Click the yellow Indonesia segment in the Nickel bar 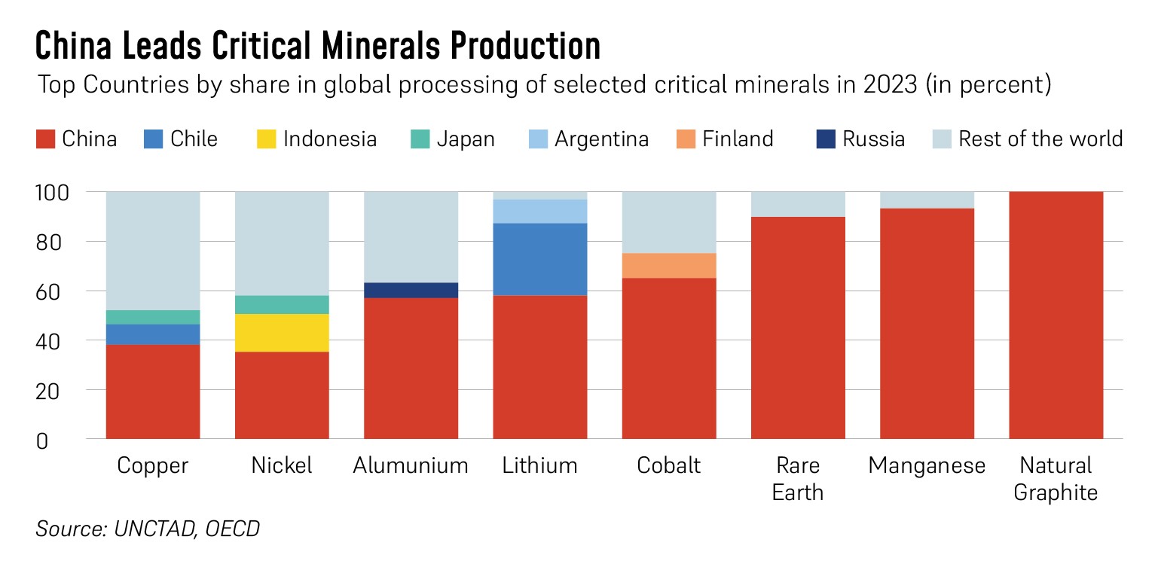point(282,333)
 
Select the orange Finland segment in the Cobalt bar point(669,266)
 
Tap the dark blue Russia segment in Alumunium point(411,290)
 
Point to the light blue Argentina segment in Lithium point(539,212)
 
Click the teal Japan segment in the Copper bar point(153,317)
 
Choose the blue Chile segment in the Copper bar point(153,334)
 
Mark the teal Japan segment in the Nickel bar point(282,304)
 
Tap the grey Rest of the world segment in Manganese point(927,200)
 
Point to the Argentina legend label point(601,139)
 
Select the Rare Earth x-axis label point(798,479)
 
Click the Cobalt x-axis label point(669,465)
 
